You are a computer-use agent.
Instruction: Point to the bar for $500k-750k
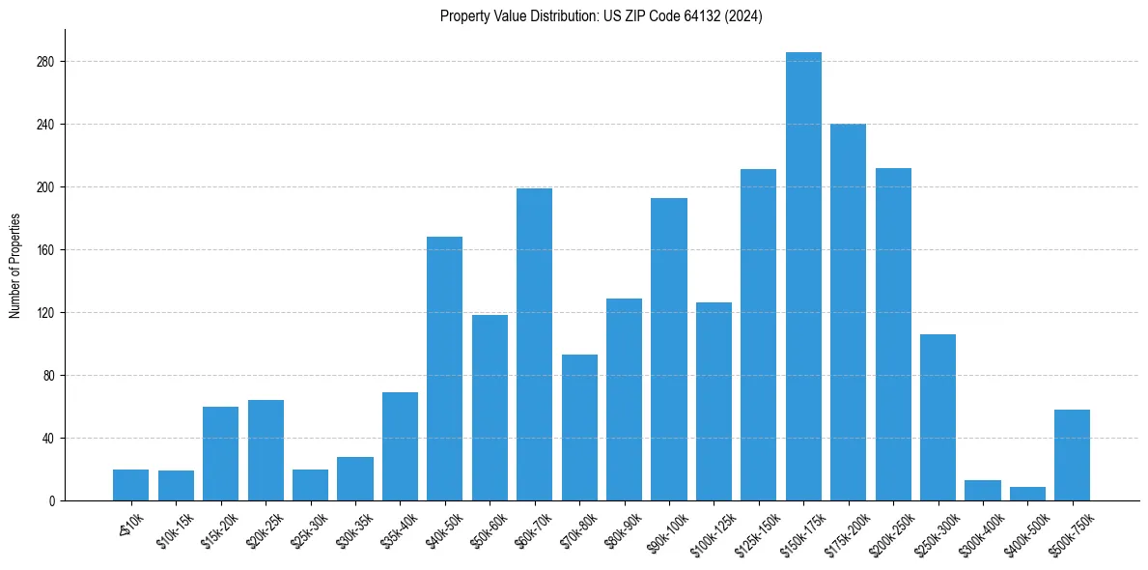point(1072,455)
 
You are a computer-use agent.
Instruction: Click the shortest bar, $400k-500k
point(1027,494)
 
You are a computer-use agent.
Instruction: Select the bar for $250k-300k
point(938,417)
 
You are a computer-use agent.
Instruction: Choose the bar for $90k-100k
point(668,349)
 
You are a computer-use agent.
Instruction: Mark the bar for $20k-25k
point(266,450)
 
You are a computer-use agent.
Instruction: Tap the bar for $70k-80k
point(579,427)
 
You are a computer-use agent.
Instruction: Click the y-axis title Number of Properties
point(14,266)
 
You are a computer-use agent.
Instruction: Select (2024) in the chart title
point(744,16)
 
